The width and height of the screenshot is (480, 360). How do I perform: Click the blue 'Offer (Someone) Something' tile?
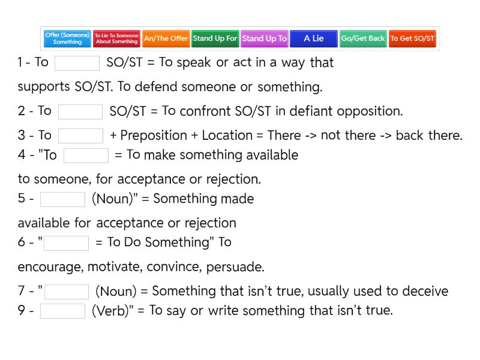coord(67,38)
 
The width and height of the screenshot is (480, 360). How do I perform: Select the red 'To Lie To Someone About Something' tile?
coord(116,38)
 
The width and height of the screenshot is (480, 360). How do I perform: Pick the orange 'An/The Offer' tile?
coord(166,38)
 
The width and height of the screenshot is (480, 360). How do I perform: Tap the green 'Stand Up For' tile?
coord(215,38)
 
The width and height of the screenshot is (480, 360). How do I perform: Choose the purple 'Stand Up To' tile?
coord(265,38)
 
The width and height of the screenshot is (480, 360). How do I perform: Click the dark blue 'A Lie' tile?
coord(314,38)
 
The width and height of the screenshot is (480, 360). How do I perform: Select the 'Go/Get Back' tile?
coord(363,38)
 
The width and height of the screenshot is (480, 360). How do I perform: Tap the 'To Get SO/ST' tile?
coord(412,38)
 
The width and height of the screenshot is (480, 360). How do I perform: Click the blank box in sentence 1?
coord(77,63)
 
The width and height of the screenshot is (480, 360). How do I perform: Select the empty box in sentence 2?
coord(80,112)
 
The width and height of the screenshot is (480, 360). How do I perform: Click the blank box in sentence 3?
coord(80,136)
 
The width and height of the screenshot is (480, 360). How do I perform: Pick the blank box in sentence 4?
coord(86,155)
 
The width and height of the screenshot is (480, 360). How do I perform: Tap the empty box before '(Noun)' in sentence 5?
coord(62,199)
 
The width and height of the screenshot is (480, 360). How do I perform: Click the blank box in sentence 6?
coord(66,243)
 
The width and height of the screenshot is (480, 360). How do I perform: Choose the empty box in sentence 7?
coord(67,292)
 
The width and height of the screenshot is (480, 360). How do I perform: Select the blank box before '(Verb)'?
coord(62,311)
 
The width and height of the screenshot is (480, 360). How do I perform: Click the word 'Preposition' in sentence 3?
coord(154,136)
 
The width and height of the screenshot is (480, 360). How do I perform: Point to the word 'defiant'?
coord(311,111)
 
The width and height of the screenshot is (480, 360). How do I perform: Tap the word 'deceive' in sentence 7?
coord(425,291)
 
